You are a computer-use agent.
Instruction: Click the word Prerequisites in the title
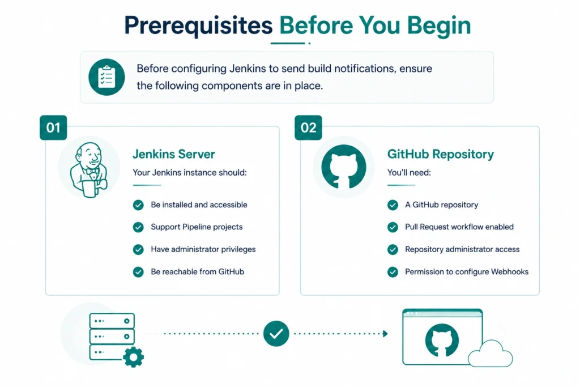198,26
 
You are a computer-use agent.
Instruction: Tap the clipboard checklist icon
106,77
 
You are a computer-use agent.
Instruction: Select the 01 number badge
53,127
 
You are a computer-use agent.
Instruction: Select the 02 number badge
308,127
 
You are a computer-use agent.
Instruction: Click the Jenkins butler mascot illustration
89,170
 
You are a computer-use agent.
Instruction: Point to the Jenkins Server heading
174,154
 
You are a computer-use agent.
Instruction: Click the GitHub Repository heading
441,154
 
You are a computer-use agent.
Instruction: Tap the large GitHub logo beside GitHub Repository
344,167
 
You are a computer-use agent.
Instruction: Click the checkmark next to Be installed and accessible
138,205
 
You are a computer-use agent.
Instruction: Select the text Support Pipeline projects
197,227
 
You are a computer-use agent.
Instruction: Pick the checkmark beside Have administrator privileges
138,250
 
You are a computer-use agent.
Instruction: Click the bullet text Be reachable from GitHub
198,271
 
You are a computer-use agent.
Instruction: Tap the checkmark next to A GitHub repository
393,205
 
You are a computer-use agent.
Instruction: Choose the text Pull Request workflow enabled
459,227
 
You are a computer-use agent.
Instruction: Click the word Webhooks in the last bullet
510,271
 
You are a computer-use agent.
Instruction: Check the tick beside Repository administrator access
393,250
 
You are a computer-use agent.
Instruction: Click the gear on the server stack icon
133,357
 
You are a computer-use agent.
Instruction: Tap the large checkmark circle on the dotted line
276,334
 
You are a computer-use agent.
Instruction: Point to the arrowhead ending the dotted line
385,334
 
